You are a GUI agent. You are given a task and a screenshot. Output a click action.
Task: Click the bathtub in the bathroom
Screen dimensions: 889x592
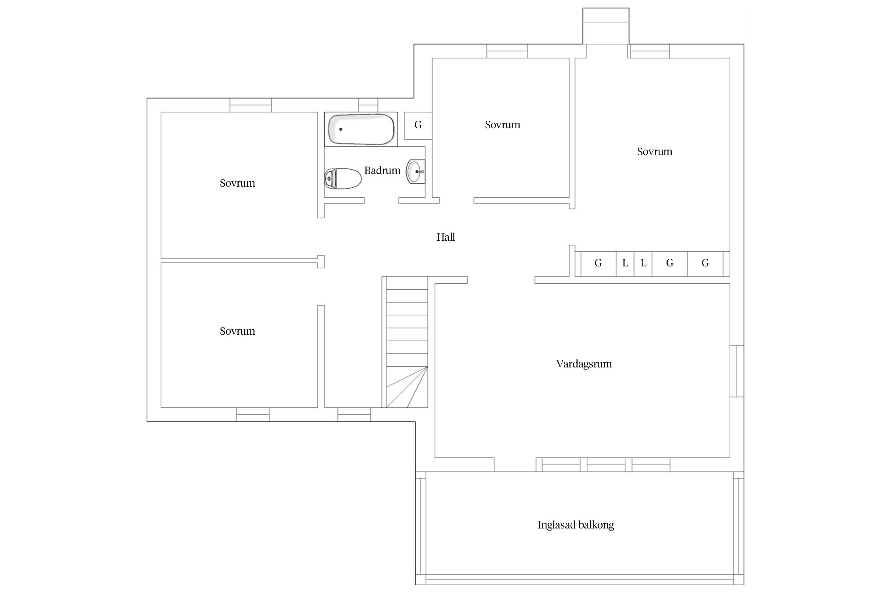tap(361, 129)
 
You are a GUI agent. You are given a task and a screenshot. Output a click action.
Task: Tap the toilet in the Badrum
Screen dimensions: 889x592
tap(343, 179)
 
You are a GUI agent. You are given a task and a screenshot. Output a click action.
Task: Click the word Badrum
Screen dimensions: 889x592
tap(382, 170)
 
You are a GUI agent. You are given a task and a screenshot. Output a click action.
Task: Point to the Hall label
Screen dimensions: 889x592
tap(446, 237)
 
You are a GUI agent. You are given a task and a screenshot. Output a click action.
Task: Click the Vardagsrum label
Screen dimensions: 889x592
tap(584, 364)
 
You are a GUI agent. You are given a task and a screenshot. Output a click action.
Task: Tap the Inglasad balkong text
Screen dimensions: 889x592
tap(576, 525)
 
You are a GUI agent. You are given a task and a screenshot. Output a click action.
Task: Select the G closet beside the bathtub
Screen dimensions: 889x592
tap(418, 126)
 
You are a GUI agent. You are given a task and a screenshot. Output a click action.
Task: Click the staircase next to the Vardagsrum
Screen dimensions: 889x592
tap(405, 342)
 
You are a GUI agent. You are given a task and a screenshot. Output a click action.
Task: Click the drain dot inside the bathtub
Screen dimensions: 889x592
tap(341, 129)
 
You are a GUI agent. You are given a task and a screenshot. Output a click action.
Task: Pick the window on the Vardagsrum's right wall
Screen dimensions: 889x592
tap(737, 371)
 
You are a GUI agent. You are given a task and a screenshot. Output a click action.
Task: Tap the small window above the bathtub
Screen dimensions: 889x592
tap(368, 105)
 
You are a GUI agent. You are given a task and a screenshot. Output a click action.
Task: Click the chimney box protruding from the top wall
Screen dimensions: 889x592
tap(606, 26)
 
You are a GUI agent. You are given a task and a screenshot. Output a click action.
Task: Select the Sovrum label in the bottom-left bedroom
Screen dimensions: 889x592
tap(237, 331)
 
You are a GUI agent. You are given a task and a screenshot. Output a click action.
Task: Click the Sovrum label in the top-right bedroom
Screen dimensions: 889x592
tap(655, 152)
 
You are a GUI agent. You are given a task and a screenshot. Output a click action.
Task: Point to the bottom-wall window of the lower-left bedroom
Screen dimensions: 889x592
tap(253, 414)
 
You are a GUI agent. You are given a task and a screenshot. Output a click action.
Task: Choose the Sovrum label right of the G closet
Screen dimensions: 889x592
tap(503, 125)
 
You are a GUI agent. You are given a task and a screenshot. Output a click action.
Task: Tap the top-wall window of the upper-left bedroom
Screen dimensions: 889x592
tap(251, 105)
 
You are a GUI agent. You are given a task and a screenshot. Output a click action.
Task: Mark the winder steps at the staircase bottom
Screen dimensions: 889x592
tap(407, 387)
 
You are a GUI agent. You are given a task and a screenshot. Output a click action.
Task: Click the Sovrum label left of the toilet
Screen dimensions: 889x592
tap(237, 183)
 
